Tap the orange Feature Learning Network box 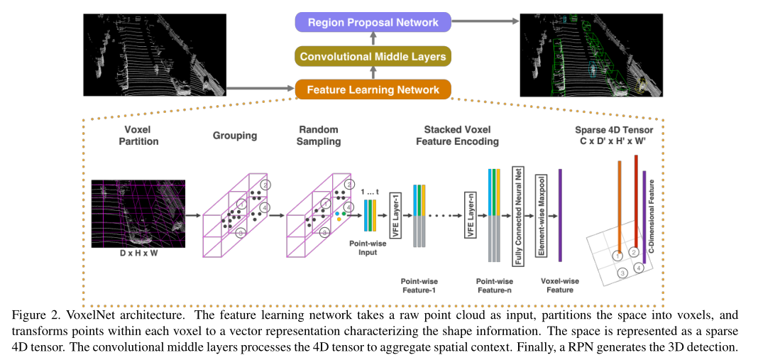click(373, 90)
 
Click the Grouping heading click(235, 136)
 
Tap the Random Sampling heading click(319, 136)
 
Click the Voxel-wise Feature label click(557, 285)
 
